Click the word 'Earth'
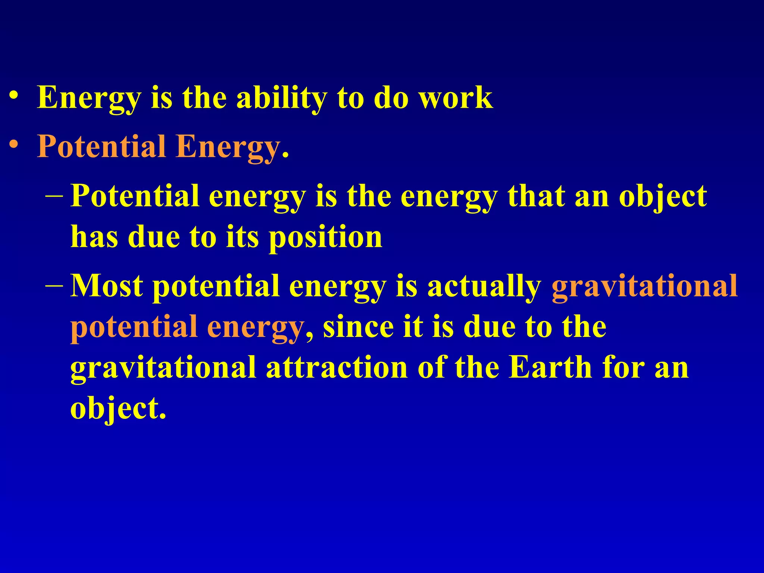coord(551,368)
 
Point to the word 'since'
coord(358,327)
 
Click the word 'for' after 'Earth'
coord(623,368)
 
